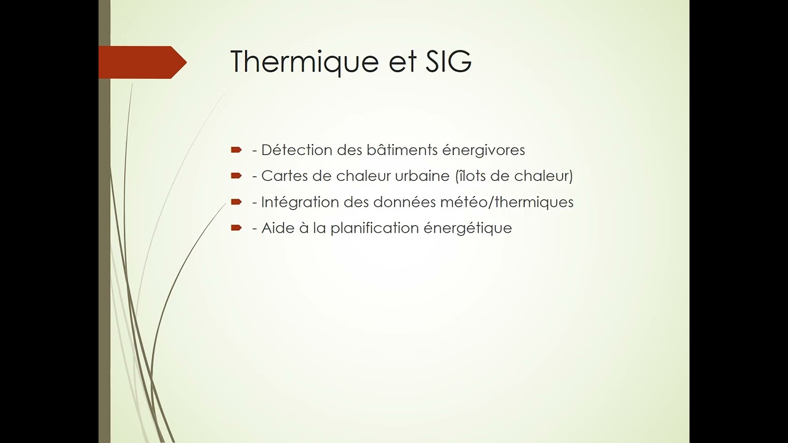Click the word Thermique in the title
(305, 62)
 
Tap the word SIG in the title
(448, 61)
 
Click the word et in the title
(403, 63)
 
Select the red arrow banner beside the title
(142, 62)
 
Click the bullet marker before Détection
(236, 150)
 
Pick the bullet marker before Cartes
(236, 176)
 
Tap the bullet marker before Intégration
(236, 202)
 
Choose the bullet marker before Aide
(236, 228)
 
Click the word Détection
(297, 150)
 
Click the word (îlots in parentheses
(470, 176)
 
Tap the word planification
(374, 228)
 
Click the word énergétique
(468, 228)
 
